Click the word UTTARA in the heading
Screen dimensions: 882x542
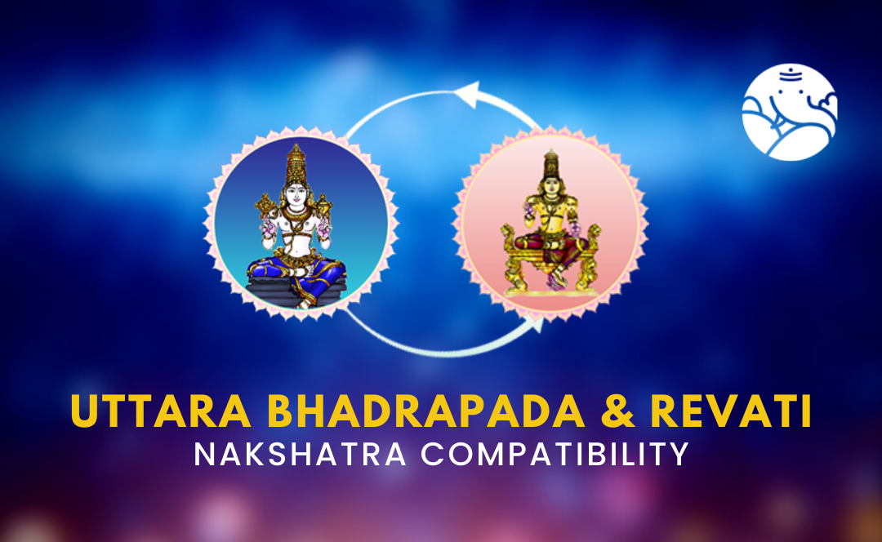coord(161,411)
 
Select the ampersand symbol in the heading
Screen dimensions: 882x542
coord(617,411)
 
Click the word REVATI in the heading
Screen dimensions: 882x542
coord(731,411)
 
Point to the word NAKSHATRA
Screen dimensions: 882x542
coord(300,455)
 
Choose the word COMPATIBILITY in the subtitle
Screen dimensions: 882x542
coord(555,455)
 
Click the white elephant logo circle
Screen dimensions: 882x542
coord(790,112)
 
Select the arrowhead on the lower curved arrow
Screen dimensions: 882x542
coord(535,323)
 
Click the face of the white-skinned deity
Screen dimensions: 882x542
coord(296,194)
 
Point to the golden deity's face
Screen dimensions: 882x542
coord(550,184)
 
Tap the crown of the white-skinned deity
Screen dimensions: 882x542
coord(296,163)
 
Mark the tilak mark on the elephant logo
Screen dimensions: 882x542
coord(791,73)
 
